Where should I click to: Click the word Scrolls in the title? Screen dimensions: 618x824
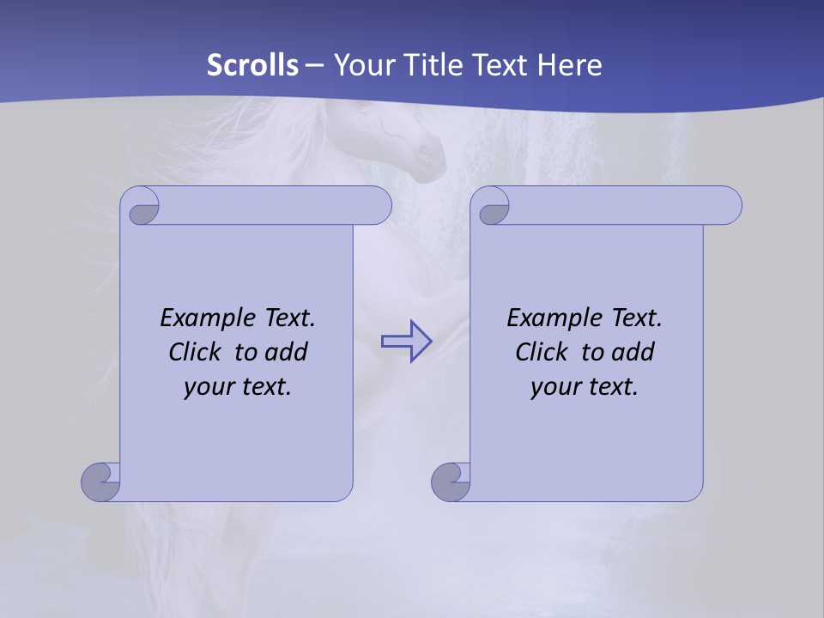pyautogui.click(x=253, y=65)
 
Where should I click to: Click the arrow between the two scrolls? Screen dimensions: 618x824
pyautogui.click(x=406, y=342)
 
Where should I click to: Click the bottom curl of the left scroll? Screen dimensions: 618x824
pyautogui.click(x=101, y=482)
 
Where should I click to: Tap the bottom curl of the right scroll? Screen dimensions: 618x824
pyautogui.click(x=451, y=482)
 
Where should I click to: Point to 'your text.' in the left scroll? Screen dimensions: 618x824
pyautogui.click(x=238, y=386)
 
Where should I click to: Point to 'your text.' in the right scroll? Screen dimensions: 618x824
pyautogui.click(x=585, y=386)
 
